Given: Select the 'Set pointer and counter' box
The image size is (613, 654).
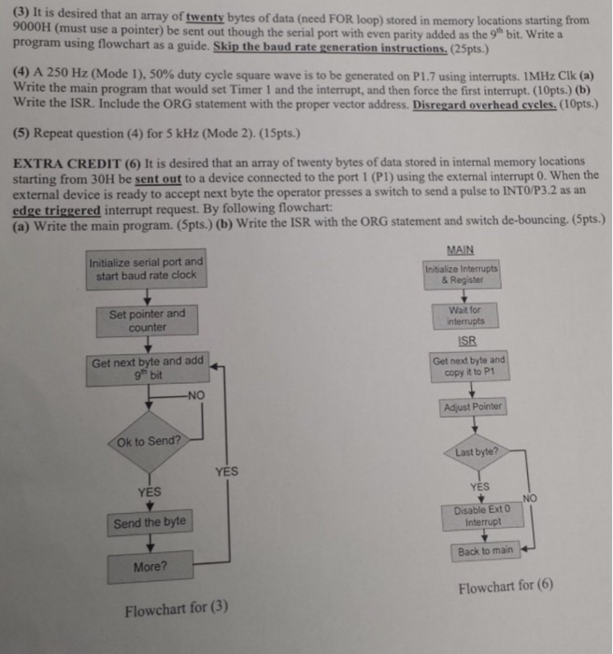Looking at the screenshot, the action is pyautogui.click(x=147, y=320).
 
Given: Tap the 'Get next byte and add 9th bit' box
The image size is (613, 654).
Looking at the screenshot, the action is pyautogui.click(x=147, y=369).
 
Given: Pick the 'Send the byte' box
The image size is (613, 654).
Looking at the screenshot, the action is pyautogui.click(x=150, y=522).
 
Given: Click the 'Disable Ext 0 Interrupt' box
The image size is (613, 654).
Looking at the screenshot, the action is pyautogui.click(x=478, y=516).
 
